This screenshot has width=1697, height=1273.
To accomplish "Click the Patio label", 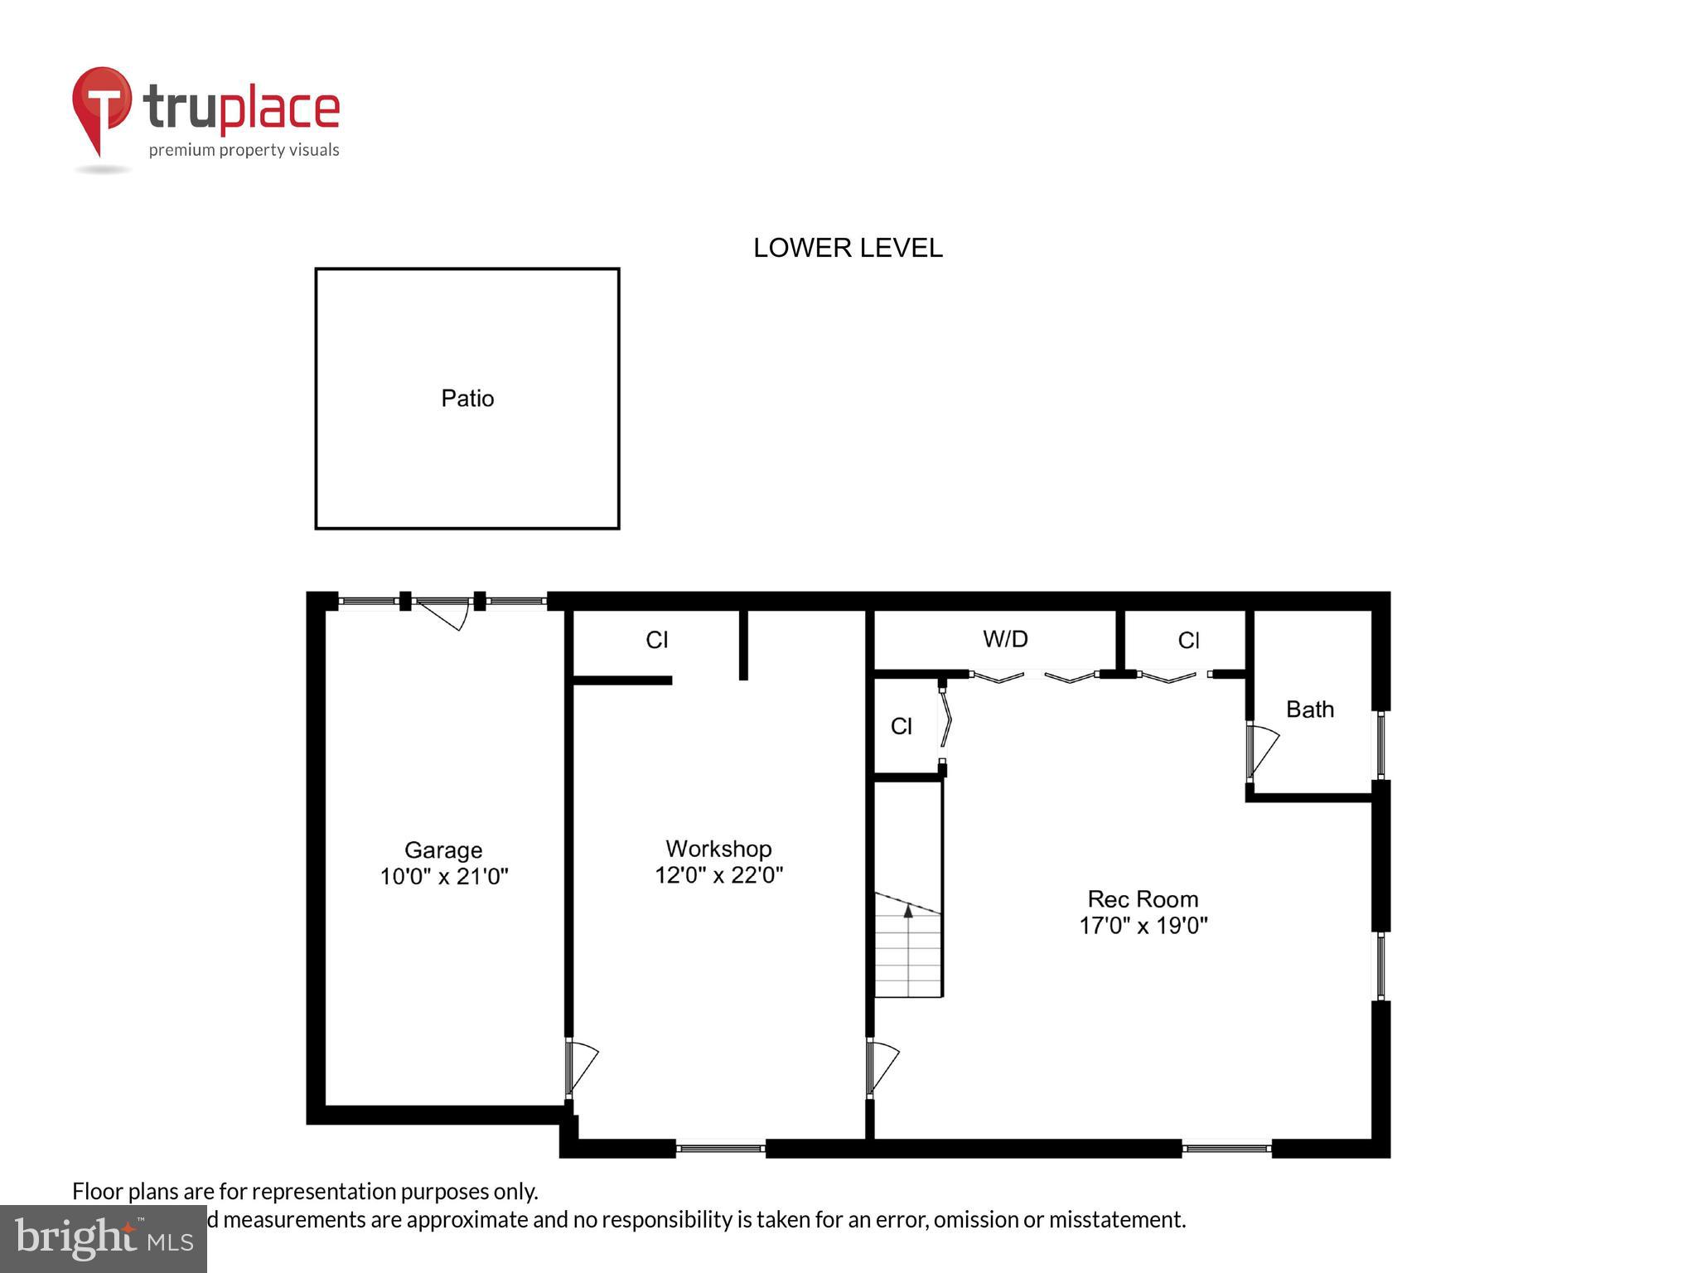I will (467, 399).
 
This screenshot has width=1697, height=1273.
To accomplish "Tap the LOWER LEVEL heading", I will (847, 248).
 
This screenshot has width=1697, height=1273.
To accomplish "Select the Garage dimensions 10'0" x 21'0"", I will (443, 877).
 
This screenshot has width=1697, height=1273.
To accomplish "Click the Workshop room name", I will (718, 849).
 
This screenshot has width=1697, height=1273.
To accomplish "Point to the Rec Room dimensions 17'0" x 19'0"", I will (1143, 926).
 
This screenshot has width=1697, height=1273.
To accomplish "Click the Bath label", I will (1309, 709).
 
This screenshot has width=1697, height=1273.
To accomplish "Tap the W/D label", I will (1005, 639).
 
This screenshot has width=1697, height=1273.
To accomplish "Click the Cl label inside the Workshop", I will (656, 640).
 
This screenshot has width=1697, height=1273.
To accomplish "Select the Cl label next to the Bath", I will (1188, 640).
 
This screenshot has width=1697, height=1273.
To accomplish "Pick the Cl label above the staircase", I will (901, 727).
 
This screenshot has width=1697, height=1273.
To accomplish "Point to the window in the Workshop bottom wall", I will (720, 1149).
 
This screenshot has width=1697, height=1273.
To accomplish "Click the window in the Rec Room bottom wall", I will (1226, 1149).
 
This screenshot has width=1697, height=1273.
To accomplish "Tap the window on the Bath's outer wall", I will (1380, 744).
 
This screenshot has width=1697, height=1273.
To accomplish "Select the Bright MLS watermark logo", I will (103, 1239).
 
